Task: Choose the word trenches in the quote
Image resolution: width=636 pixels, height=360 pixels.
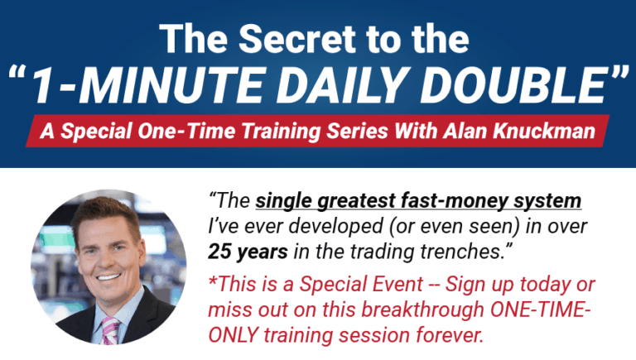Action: pos(464,248)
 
